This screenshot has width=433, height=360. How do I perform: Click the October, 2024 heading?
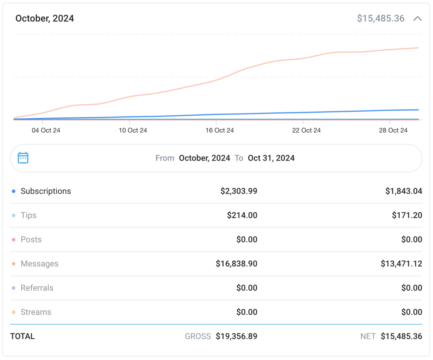pyautogui.click(x=44, y=19)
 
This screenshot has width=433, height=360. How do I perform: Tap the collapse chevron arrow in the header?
pyautogui.click(x=418, y=19)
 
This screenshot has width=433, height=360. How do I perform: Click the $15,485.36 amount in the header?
pyautogui.click(x=381, y=19)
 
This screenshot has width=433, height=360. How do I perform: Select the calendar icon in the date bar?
pyautogui.click(x=23, y=158)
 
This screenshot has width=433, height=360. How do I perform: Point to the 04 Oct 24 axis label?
pyautogui.click(x=46, y=131)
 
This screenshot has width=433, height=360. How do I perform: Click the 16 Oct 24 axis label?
pyautogui.click(x=219, y=131)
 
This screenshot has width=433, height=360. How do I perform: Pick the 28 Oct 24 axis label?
pyautogui.click(x=393, y=131)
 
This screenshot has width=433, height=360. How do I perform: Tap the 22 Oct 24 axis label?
pyautogui.click(x=306, y=131)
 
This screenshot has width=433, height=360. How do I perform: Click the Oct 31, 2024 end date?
pyautogui.click(x=271, y=158)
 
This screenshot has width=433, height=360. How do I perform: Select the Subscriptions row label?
pyautogui.click(x=46, y=191)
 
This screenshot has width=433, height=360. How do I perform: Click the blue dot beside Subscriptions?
pyautogui.click(x=14, y=191)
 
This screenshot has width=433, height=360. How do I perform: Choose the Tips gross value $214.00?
pyautogui.click(x=242, y=215)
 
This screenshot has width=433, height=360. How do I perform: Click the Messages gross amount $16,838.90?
pyautogui.click(x=236, y=264)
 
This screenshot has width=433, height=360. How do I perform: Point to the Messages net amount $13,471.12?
pyautogui.click(x=401, y=264)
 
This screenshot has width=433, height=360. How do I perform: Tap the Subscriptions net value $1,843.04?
pyautogui.click(x=403, y=191)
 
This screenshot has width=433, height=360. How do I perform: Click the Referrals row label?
pyautogui.click(x=37, y=288)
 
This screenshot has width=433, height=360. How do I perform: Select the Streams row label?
pyautogui.click(x=36, y=312)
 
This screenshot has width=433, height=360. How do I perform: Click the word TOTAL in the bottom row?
pyautogui.click(x=22, y=336)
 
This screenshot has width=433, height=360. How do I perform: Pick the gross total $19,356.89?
pyautogui.click(x=236, y=336)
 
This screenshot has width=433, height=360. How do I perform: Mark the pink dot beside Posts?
pyautogui.click(x=14, y=240)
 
